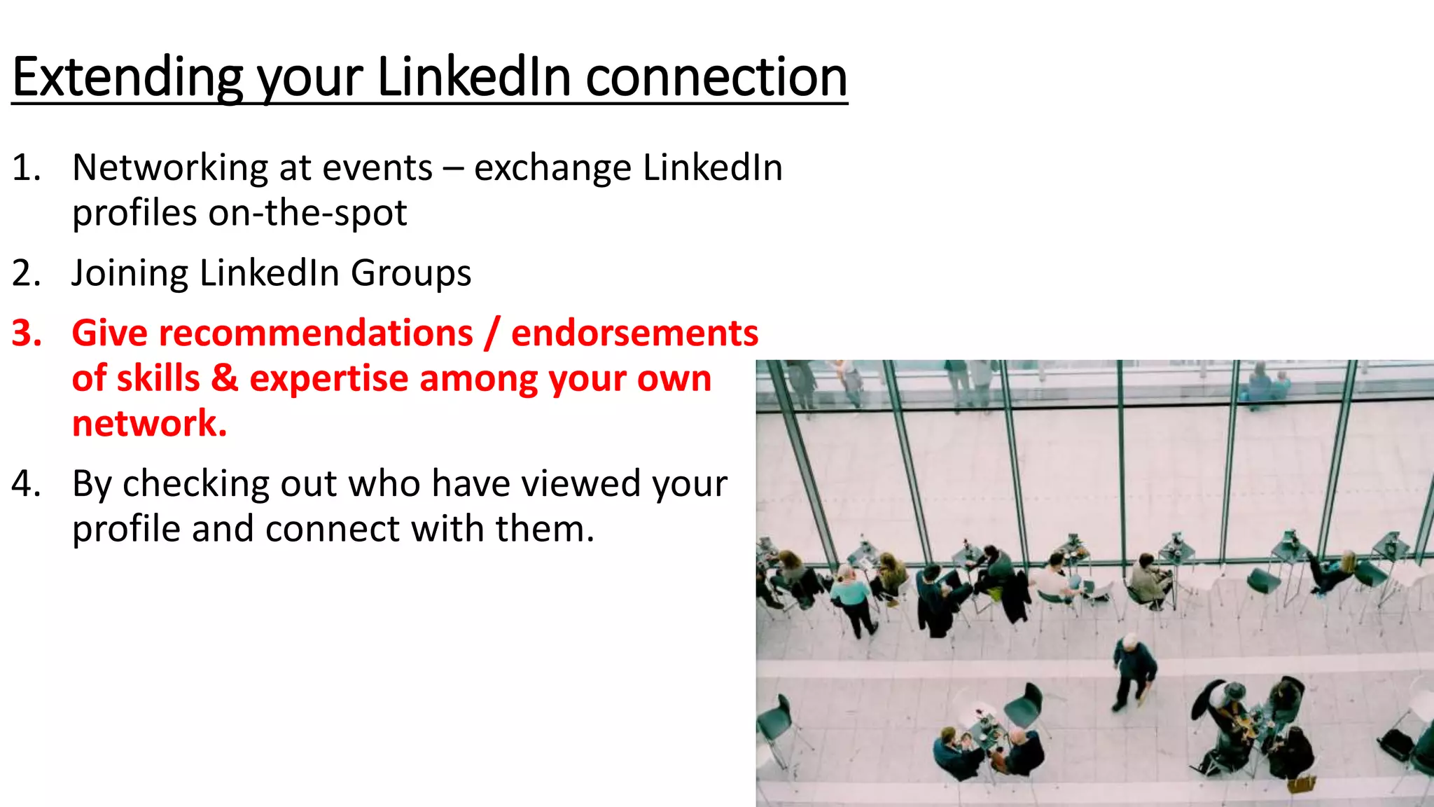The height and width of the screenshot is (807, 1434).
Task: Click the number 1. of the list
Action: (x=26, y=168)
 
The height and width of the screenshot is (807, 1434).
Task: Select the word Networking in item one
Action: (x=170, y=168)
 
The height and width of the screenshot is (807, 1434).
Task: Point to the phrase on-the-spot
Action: (x=307, y=213)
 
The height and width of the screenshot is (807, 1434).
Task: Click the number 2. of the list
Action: (x=26, y=273)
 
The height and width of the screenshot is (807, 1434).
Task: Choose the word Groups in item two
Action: (x=411, y=273)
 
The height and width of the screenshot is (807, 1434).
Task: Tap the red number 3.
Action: (x=26, y=333)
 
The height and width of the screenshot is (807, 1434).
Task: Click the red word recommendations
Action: (x=272, y=333)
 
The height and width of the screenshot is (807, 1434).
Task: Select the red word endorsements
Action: (x=634, y=333)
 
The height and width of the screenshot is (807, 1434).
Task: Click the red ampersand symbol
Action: (x=225, y=378)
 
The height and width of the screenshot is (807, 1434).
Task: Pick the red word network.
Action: (x=149, y=424)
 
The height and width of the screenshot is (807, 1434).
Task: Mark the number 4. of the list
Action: (x=26, y=484)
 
